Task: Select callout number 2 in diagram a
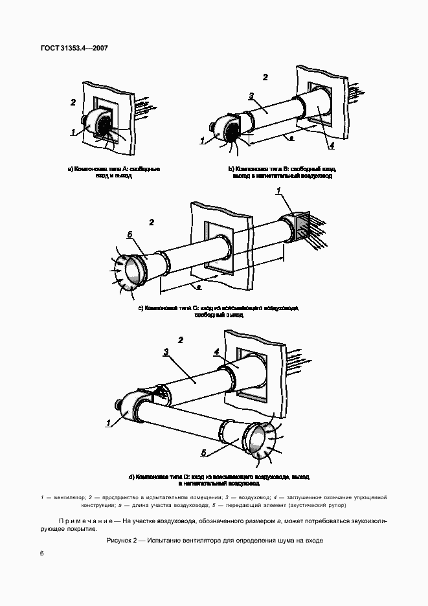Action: [73, 102]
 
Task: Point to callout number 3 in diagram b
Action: [250, 96]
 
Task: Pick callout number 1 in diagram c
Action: [278, 190]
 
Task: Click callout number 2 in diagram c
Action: [152, 222]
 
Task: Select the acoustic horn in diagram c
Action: [129, 271]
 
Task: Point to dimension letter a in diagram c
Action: [199, 286]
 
